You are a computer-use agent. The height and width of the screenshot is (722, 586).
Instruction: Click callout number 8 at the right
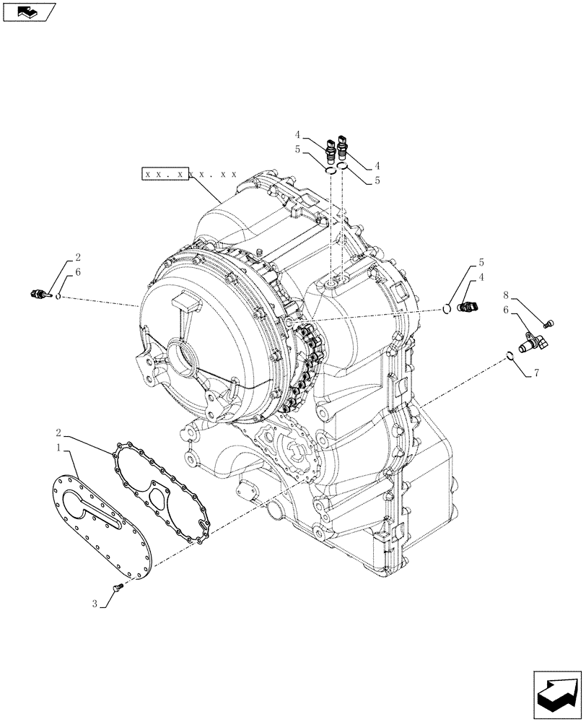click(x=507, y=295)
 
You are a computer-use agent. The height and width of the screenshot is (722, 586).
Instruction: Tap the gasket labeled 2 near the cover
click(x=162, y=480)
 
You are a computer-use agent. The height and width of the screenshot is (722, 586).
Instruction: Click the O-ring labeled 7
click(x=510, y=355)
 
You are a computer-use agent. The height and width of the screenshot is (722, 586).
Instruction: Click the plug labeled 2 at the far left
click(x=38, y=294)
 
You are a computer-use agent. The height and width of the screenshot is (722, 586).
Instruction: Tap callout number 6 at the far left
click(x=77, y=271)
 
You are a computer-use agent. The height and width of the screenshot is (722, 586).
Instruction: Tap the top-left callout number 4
click(x=297, y=135)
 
